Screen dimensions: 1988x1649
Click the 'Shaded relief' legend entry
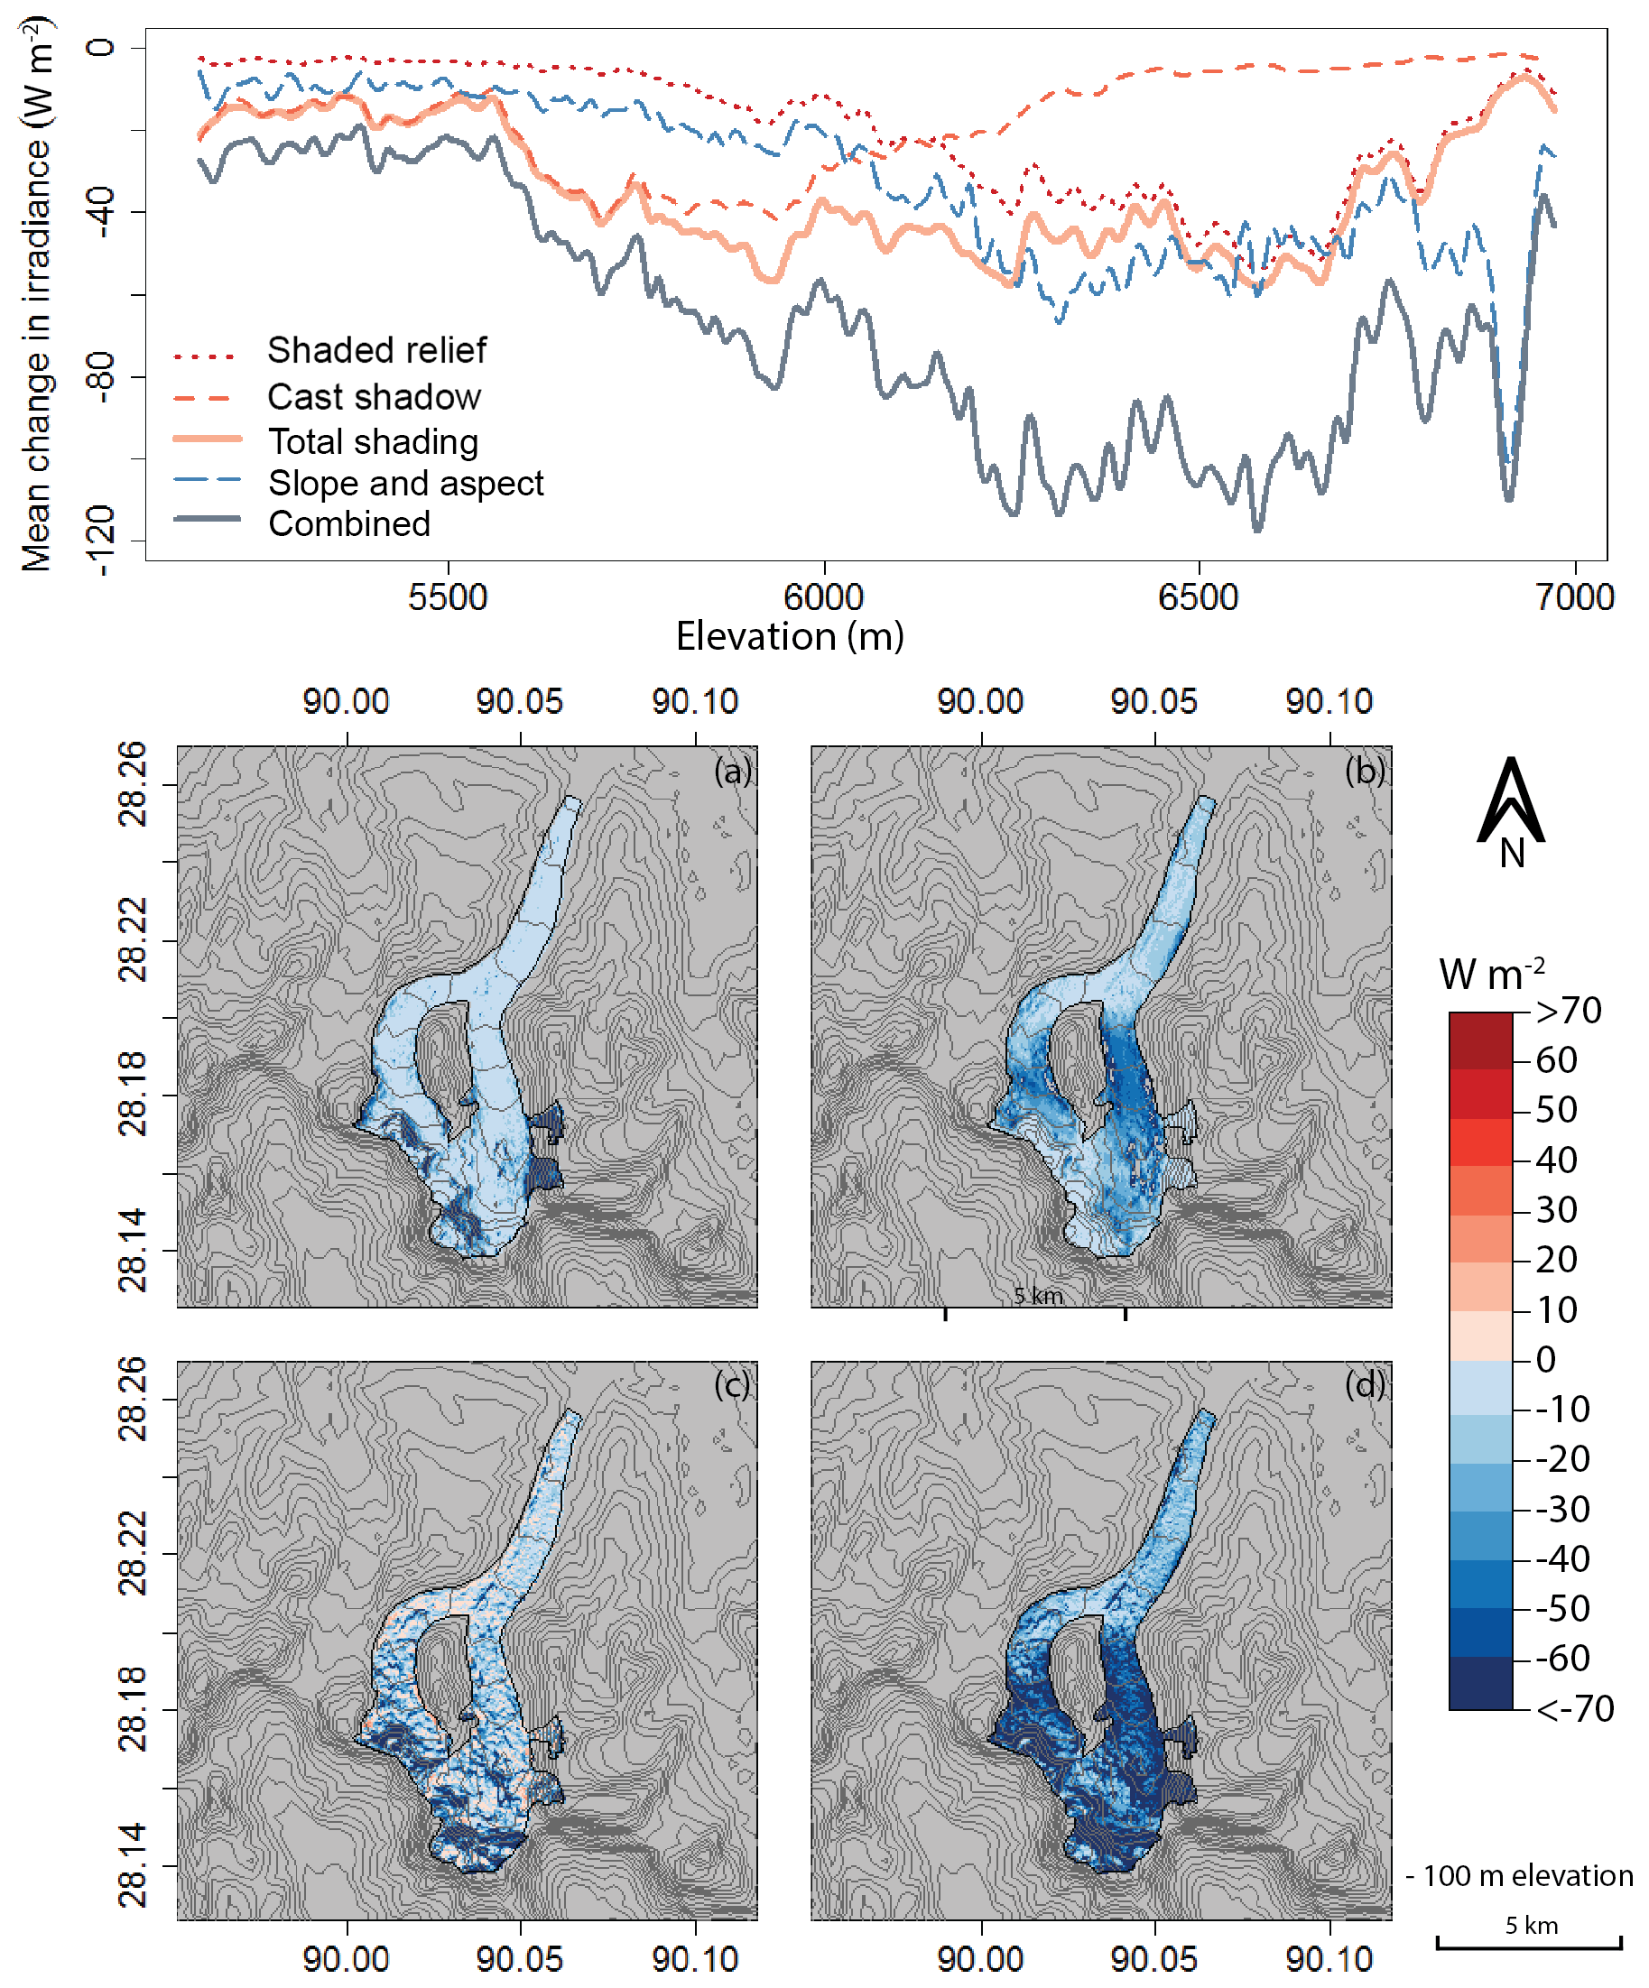[375, 350]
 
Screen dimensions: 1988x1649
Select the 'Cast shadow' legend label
[374, 397]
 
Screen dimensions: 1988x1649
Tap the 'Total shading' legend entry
[373, 442]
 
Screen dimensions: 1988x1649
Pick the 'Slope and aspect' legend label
[405, 484]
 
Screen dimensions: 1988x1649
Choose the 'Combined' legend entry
[349, 524]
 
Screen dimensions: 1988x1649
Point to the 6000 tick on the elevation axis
[823, 597]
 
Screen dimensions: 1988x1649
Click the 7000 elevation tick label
[1574, 597]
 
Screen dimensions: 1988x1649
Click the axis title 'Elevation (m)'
[790, 637]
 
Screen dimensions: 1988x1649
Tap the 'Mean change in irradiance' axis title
[38, 293]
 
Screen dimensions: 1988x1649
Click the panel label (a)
[733, 772]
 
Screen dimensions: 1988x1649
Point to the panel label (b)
[1365, 772]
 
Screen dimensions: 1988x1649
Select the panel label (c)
[733, 1385]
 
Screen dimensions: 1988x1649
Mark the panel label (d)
[1365, 1385]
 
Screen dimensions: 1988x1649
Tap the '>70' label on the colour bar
[1569, 1011]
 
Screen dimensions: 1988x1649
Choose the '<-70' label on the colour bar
[1574, 1709]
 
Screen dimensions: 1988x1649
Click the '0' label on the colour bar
[1546, 1360]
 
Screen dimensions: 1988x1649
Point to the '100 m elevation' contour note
[1527, 1875]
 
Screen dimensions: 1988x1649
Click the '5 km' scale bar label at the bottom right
[1531, 1925]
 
